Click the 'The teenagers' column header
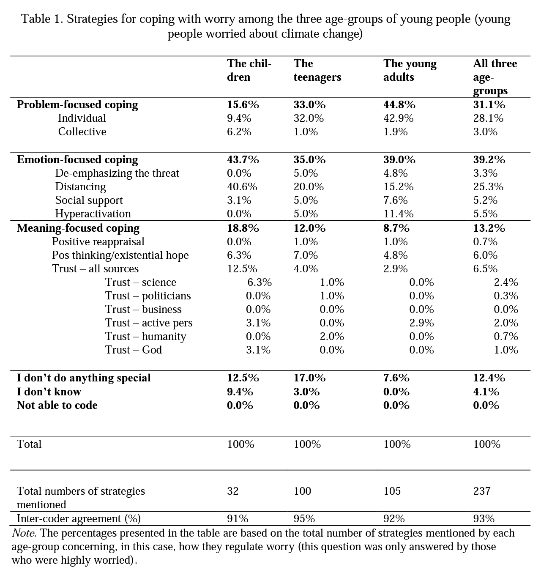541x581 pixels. pyautogui.click(x=317, y=70)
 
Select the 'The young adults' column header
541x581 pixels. pyautogui.click(x=410, y=70)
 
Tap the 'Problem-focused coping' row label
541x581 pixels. pyautogui.click(x=77, y=105)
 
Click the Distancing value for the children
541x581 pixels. pyautogui.click(x=242, y=187)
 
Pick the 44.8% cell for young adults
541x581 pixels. pyautogui.click(x=399, y=105)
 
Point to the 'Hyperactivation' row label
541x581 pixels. pyautogui.click(x=93, y=214)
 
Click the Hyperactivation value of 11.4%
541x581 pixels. pyautogui.click(x=398, y=214)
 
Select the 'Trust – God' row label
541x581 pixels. pyautogui.click(x=134, y=350)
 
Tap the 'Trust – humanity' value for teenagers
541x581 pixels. pyautogui.click(x=332, y=337)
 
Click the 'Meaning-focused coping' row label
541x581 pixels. pyautogui.click(x=78, y=228)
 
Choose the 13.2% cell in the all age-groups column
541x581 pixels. pyautogui.click(x=489, y=228)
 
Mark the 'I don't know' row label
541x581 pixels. pyautogui.click(x=49, y=392)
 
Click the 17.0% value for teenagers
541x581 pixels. pyautogui.click(x=309, y=378)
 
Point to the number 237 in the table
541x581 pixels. pyautogui.click(x=482, y=491)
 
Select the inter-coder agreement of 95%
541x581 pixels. pyautogui.click(x=304, y=519)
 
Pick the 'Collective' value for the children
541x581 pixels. pyautogui.click(x=239, y=132)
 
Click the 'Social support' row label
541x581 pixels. pyautogui.click(x=89, y=200)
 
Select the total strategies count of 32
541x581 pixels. pyautogui.click(x=233, y=491)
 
